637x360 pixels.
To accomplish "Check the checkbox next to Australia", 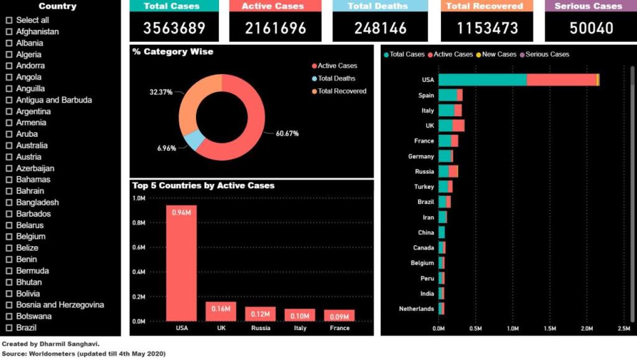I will coord(9,145).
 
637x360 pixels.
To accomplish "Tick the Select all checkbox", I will coord(9,20).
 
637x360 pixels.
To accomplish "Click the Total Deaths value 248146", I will coord(380,28).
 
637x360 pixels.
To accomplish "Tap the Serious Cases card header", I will coord(588,6).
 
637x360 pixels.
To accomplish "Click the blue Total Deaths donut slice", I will coord(195,141).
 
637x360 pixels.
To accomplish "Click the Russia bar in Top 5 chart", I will coord(260,313).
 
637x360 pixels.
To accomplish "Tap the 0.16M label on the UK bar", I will coord(221,308).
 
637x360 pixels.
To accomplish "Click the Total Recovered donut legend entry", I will coord(342,91).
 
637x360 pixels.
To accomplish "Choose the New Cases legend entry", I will coord(499,54).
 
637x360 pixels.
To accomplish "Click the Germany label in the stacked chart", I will coord(421,157).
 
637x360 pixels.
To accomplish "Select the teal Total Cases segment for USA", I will coord(483,80).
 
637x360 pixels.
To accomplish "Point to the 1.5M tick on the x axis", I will coord(550,328).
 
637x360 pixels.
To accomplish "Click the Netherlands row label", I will coord(417,309).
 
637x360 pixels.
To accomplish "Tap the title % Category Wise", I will coord(173,52).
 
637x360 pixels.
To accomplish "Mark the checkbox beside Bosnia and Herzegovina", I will coord(9,305).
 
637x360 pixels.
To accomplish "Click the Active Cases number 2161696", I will coord(276,28).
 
